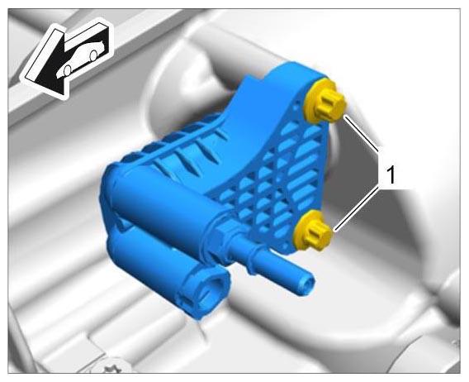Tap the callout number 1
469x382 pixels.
[x=391, y=175]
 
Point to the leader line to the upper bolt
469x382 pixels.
[x=361, y=131]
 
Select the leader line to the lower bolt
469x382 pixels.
[x=357, y=208]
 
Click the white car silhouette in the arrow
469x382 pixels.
[x=81, y=60]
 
